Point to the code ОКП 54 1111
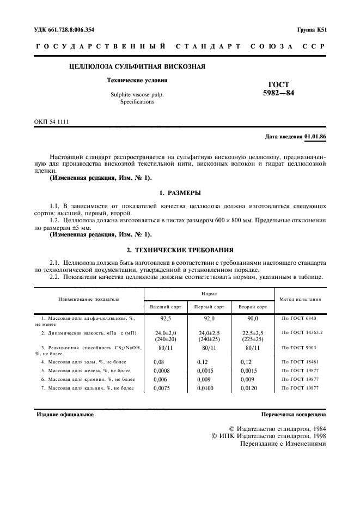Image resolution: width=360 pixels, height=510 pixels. pyautogui.click(x=52, y=122)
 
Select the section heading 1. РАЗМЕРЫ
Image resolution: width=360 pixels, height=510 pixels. pyautogui.click(x=180, y=193)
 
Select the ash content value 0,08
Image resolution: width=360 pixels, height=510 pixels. pyautogui.click(x=159, y=361)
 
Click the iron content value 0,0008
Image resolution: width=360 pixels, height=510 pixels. pyautogui.click(x=162, y=370)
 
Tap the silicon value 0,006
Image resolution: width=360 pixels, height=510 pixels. pyautogui.click(x=161, y=379)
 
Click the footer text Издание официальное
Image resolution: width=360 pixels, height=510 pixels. pyautogui.click(x=65, y=414)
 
